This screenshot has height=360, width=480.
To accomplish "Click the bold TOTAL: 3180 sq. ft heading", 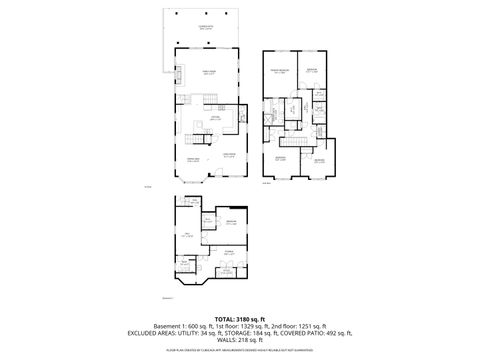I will coord(240,318).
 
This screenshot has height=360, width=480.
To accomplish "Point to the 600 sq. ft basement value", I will coord(206,326).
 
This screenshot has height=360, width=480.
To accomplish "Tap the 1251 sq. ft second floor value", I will coord(321,326).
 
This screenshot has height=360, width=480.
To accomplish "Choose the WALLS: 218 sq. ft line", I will coord(240,342).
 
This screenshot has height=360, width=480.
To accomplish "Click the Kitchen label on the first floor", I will coord(214,117).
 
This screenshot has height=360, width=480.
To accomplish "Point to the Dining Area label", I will coord(193,160).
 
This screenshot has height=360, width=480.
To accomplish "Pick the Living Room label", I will coord(230,154).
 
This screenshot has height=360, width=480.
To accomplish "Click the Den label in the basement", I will coord(185,235).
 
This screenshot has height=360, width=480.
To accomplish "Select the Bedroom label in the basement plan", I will coord(231,221).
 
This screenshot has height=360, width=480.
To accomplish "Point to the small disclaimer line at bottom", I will coord(240,352).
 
